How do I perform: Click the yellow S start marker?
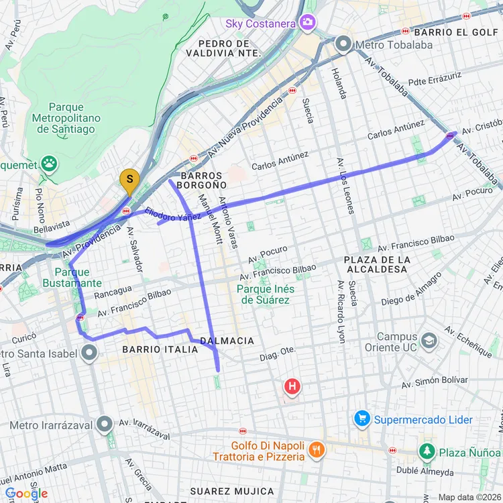tap(129, 180)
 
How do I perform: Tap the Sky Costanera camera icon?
tap(308, 23)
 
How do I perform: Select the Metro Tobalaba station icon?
tap(344, 45)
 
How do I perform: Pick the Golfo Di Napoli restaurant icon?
tap(317, 451)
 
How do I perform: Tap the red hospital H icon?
tap(292, 386)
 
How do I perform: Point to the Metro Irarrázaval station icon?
tap(104, 424)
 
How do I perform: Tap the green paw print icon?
tap(48, 163)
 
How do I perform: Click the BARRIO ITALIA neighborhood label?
tap(160, 349)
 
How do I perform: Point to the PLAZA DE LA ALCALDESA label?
tap(376, 264)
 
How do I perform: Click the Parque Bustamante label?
tap(78, 278)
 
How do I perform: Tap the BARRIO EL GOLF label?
tap(456, 32)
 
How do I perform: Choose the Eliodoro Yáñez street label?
tap(173, 214)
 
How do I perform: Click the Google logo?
tap(27, 494)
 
